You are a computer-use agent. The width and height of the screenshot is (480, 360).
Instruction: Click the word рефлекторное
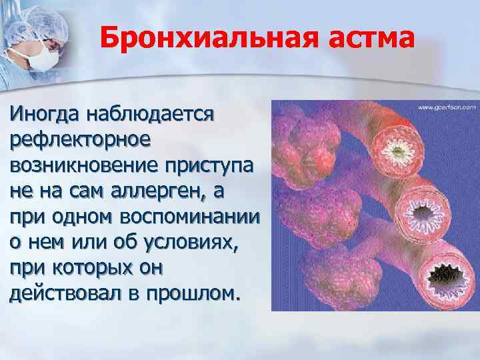(x=80, y=139)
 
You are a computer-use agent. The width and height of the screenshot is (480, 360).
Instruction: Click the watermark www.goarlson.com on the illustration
(x=447, y=107)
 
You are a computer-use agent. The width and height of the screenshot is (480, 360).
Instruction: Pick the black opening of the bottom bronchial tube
(x=435, y=271)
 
